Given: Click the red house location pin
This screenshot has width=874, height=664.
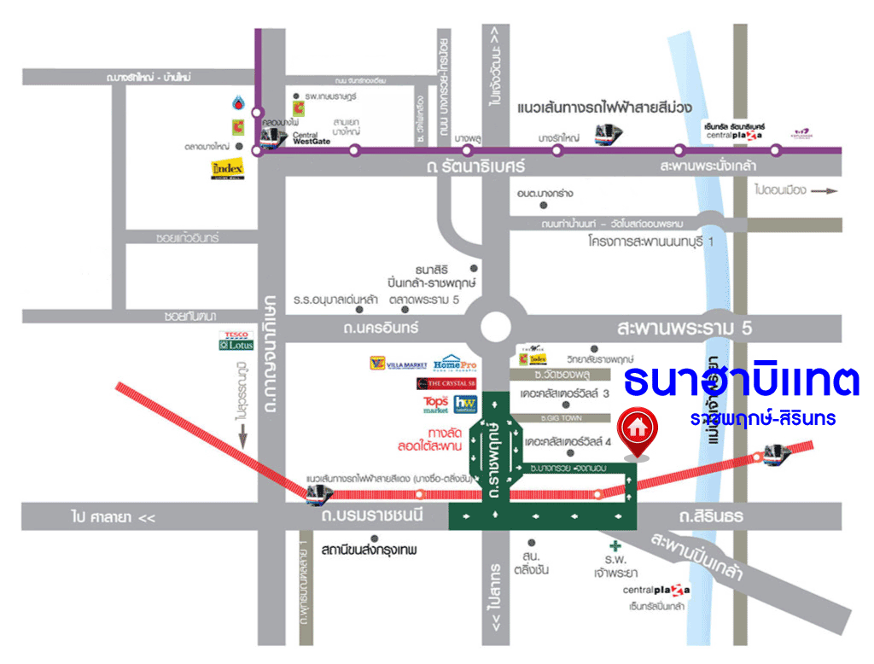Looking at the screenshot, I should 638,427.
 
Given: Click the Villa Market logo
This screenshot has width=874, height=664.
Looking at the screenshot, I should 398,364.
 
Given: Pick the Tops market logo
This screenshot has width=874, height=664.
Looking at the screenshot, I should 435,404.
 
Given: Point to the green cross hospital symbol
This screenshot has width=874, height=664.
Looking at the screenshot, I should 612,546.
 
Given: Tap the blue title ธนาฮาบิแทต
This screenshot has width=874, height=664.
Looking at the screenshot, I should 741,382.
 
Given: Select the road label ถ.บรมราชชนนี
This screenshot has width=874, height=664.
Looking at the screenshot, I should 371,515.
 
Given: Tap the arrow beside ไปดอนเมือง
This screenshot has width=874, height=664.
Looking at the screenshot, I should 826,191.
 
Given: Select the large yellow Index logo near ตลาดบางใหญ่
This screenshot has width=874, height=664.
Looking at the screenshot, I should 227,169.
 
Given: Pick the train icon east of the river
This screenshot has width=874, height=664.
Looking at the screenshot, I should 777,451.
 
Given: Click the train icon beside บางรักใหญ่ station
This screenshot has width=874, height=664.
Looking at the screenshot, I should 609,134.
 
